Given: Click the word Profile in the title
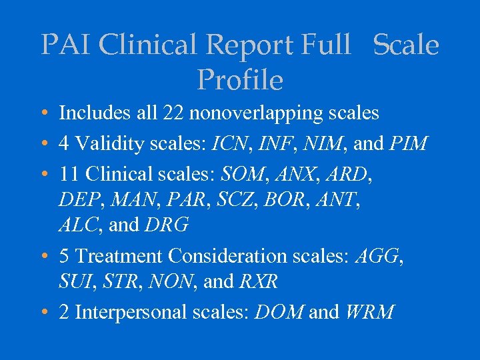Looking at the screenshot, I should click(x=240, y=80).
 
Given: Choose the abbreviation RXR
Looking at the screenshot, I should click(x=258, y=281).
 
